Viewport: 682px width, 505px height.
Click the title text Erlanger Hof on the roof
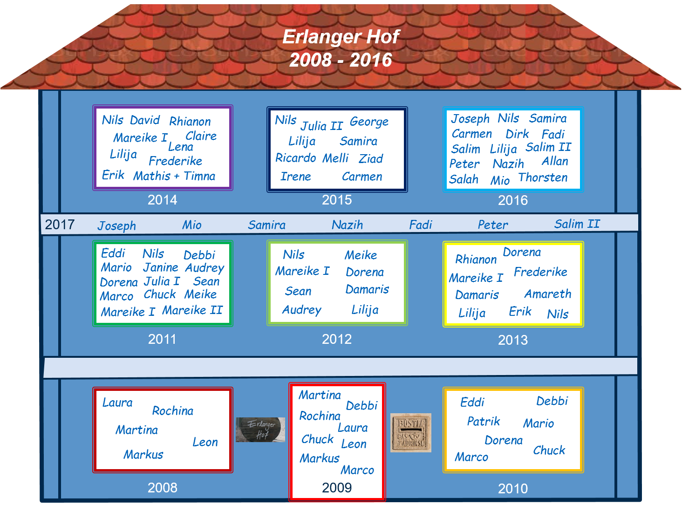click(x=341, y=37)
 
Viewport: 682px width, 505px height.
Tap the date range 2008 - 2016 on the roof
click(x=341, y=60)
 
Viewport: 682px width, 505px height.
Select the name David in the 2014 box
click(x=145, y=120)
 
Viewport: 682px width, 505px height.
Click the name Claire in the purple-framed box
click(x=201, y=136)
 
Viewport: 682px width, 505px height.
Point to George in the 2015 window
click(x=369, y=122)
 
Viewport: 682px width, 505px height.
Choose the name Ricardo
click(x=295, y=158)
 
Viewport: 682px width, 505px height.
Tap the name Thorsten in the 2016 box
click(x=543, y=177)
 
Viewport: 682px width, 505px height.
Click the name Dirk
click(x=517, y=134)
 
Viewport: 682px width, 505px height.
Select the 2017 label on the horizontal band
click(x=60, y=225)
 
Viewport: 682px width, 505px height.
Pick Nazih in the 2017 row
click(x=347, y=225)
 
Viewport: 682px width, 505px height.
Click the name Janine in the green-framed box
click(x=160, y=267)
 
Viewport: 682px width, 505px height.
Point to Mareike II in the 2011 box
click(x=192, y=310)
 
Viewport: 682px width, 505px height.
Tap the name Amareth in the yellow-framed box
click(x=547, y=294)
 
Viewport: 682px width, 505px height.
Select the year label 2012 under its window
click(x=337, y=339)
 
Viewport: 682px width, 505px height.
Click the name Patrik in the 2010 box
click(x=483, y=422)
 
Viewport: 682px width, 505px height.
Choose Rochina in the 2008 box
click(x=172, y=411)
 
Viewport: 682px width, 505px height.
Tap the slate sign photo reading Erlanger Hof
click(x=260, y=430)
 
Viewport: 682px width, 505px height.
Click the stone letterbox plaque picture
click(x=410, y=433)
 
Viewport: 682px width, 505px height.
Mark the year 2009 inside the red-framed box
click(x=337, y=488)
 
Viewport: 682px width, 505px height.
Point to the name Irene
click(x=295, y=177)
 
